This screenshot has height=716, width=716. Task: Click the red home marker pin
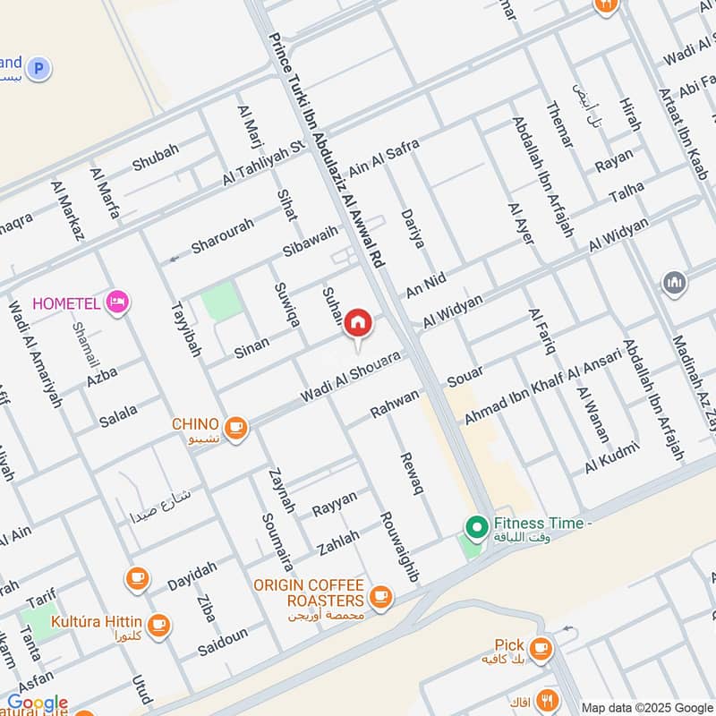[358, 322]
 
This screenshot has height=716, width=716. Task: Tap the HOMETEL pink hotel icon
[116, 303]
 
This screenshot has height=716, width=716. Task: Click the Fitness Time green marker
[476, 525]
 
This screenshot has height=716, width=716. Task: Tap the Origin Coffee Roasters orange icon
[381, 595]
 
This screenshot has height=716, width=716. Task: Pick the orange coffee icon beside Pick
[540, 646]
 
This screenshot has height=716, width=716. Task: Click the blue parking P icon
[38, 68]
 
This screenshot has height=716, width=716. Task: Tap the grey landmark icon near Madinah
[675, 284]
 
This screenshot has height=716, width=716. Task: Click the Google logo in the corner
[37, 703]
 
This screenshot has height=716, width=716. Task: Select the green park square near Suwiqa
[221, 302]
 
